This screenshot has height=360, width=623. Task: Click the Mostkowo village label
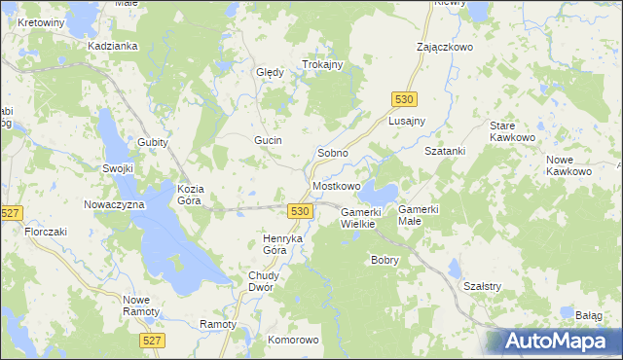coord(336,185)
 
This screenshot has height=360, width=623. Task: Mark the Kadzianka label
coord(112,46)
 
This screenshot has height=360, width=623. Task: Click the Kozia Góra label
coord(189,194)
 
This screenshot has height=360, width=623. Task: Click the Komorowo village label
coord(293,340)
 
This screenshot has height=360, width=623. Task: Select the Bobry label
coord(385,260)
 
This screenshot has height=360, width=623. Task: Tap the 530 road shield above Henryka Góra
coord(300,211)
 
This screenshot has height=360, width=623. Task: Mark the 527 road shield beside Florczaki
coord(12,213)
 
